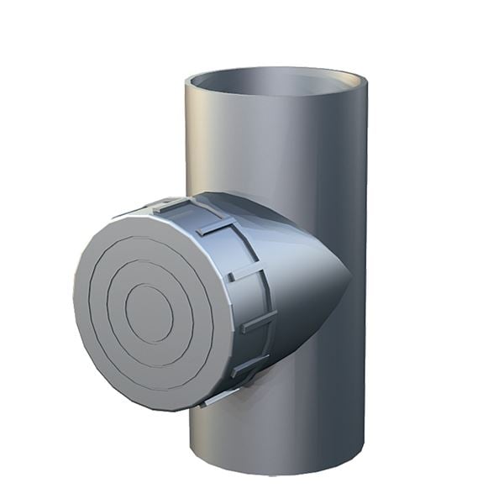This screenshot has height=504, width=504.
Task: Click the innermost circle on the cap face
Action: (149, 313)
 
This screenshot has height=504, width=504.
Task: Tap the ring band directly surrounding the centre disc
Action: (149, 277)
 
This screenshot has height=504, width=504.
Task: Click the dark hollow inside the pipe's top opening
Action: (277, 85)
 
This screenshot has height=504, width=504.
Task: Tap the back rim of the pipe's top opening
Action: (277, 71)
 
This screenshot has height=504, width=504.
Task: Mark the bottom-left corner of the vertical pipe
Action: (192, 454)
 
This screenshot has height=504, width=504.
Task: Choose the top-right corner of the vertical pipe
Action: (368, 84)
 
